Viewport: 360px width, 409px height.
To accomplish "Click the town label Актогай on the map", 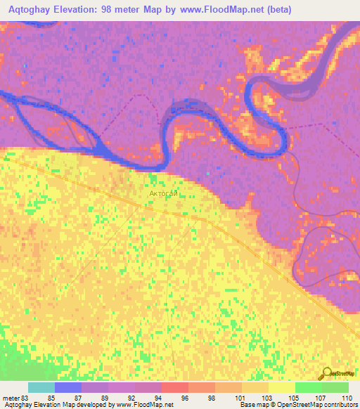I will (x=163, y=192).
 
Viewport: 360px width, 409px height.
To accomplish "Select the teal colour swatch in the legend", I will (x=41, y=387).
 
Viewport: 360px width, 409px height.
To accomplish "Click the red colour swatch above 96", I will (x=174, y=387).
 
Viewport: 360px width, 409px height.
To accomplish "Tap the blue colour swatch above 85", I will (x=67, y=387).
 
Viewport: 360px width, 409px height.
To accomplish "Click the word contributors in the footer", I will (x=339, y=405).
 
